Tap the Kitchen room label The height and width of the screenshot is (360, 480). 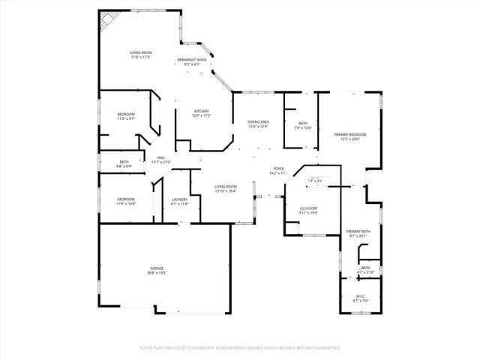pos(190,111)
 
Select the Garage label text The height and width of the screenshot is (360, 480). pos(156,268)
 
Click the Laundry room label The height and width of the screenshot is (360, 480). pos(179,199)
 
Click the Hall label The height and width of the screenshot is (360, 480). pos(160,157)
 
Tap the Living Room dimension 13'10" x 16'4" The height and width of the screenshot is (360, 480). pos(225,191)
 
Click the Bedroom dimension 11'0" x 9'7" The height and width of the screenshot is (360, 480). pos(125,118)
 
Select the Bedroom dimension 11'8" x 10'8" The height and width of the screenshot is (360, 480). pos(125,203)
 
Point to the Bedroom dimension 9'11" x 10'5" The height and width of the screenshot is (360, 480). pos(309,212)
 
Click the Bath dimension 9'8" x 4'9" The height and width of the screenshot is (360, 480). pos(124,166)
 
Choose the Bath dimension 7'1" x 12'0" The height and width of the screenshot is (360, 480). pos(303,128)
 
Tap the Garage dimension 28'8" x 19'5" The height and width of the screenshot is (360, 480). pos(156,273)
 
